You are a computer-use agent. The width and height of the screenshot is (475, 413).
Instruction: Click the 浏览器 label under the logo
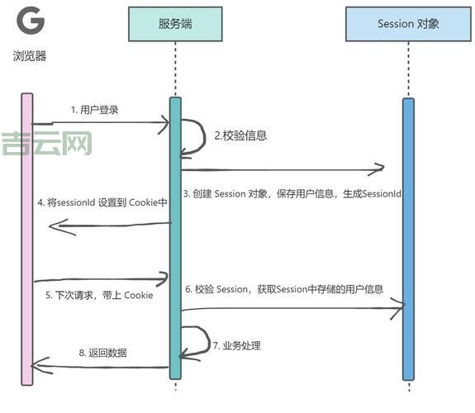click(30, 57)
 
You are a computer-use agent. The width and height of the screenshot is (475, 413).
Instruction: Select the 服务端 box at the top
click(176, 24)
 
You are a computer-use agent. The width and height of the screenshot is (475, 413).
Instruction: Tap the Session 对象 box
click(408, 24)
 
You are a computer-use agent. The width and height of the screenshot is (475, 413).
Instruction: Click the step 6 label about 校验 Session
click(284, 289)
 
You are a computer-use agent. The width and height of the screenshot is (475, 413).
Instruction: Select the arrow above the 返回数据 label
click(99, 366)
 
